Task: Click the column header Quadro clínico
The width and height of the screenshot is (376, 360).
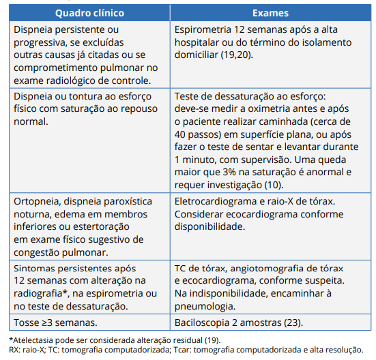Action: click(91, 13)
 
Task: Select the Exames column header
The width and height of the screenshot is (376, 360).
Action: click(270, 13)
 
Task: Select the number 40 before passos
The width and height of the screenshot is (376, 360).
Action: click(182, 134)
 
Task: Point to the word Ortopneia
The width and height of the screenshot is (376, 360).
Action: click(39, 202)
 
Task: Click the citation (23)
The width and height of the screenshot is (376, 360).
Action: click(291, 322)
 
